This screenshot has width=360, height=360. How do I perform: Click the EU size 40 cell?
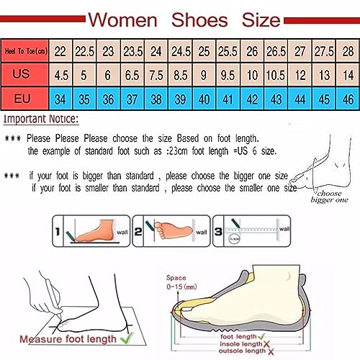204,98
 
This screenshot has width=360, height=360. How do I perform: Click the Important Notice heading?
41,119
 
